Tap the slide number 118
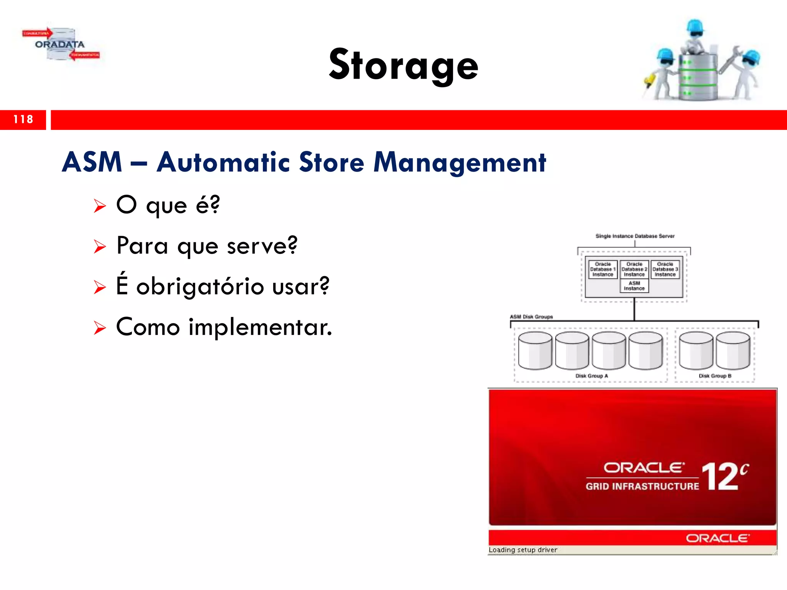(x=23, y=119)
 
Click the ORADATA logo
(x=60, y=45)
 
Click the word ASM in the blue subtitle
(x=92, y=162)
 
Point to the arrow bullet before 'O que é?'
(x=100, y=206)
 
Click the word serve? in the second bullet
(x=262, y=246)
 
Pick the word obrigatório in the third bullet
(x=200, y=287)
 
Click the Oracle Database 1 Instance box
(x=603, y=269)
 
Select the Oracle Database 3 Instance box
(x=665, y=269)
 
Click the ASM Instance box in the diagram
(x=634, y=286)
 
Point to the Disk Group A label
(x=591, y=376)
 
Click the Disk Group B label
(x=715, y=376)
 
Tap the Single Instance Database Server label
(x=635, y=236)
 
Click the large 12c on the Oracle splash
(x=724, y=476)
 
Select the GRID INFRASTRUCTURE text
(x=642, y=487)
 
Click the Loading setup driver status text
(x=523, y=550)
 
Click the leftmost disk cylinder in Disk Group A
(x=535, y=351)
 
